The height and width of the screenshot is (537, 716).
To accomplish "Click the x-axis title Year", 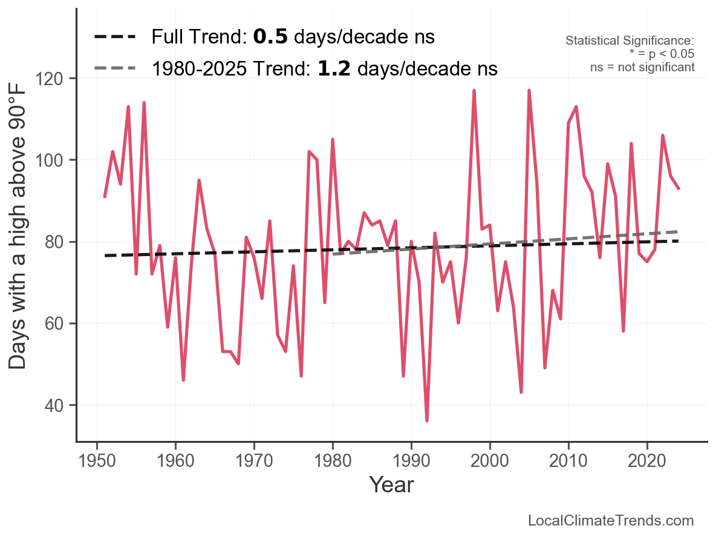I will pos(391,484).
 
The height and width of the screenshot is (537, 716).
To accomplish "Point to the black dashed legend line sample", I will pos(115,37).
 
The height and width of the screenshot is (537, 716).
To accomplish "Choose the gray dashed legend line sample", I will pos(115,69).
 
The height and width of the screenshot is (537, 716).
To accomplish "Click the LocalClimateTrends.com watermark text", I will pos(611,521).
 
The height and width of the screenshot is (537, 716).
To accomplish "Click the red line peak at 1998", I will pos(474,91).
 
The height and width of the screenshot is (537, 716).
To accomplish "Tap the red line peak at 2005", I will pos(529,91).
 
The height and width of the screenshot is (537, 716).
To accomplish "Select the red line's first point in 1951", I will pos(105,197).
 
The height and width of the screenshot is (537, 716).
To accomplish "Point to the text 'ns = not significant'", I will pos(642,67).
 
